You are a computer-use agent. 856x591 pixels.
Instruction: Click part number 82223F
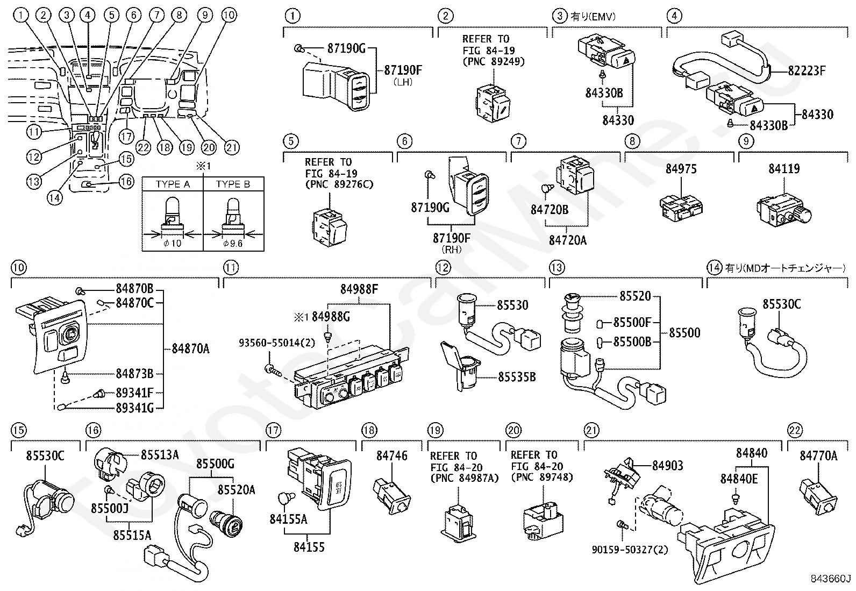click(807, 71)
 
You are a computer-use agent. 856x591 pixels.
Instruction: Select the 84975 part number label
click(681, 168)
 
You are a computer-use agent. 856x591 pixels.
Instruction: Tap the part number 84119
click(784, 168)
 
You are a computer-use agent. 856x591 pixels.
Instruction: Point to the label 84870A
click(190, 348)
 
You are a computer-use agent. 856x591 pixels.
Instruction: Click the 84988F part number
click(359, 289)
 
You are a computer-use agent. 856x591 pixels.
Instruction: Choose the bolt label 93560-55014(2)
click(277, 343)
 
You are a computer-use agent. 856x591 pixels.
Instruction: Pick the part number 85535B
click(517, 378)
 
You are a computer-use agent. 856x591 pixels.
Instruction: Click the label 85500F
click(632, 323)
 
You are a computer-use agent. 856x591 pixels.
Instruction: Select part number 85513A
click(160, 455)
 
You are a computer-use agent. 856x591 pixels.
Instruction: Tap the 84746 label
click(391, 455)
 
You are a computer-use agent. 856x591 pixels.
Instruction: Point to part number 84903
click(668, 466)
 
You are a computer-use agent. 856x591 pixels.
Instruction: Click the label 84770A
click(818, 455)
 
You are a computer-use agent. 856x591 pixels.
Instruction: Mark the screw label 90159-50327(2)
click(630, 550)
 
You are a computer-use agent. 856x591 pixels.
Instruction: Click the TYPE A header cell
click(173, 184)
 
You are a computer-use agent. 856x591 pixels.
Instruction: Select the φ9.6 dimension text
click(233, 243)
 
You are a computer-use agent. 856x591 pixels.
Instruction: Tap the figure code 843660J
click(831, 579)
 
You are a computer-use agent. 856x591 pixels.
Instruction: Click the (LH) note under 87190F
click(403, 82)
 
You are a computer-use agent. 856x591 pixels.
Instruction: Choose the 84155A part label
click(289, 519)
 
